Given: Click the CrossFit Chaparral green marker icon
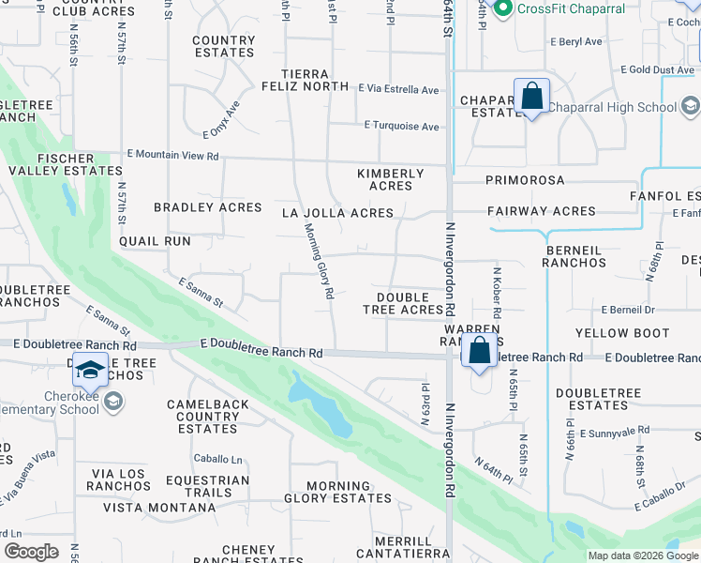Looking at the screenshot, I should (502, 8).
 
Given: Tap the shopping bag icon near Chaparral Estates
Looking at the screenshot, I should (531, 97).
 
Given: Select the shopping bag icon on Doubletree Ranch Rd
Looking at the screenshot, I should (480, 351).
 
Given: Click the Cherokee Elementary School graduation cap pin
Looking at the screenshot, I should (91, 373).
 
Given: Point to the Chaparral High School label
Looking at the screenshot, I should (612, 107).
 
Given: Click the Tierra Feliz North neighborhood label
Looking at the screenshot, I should (319, 81).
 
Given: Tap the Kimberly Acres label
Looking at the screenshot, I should (391, 179).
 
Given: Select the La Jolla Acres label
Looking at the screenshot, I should (337, 213).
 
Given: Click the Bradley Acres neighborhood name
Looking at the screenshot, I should (208, 207).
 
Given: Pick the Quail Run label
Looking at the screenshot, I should (155, 241).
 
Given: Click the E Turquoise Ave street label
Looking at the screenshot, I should (401, 127).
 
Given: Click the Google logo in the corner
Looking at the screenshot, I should (31, 552).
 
